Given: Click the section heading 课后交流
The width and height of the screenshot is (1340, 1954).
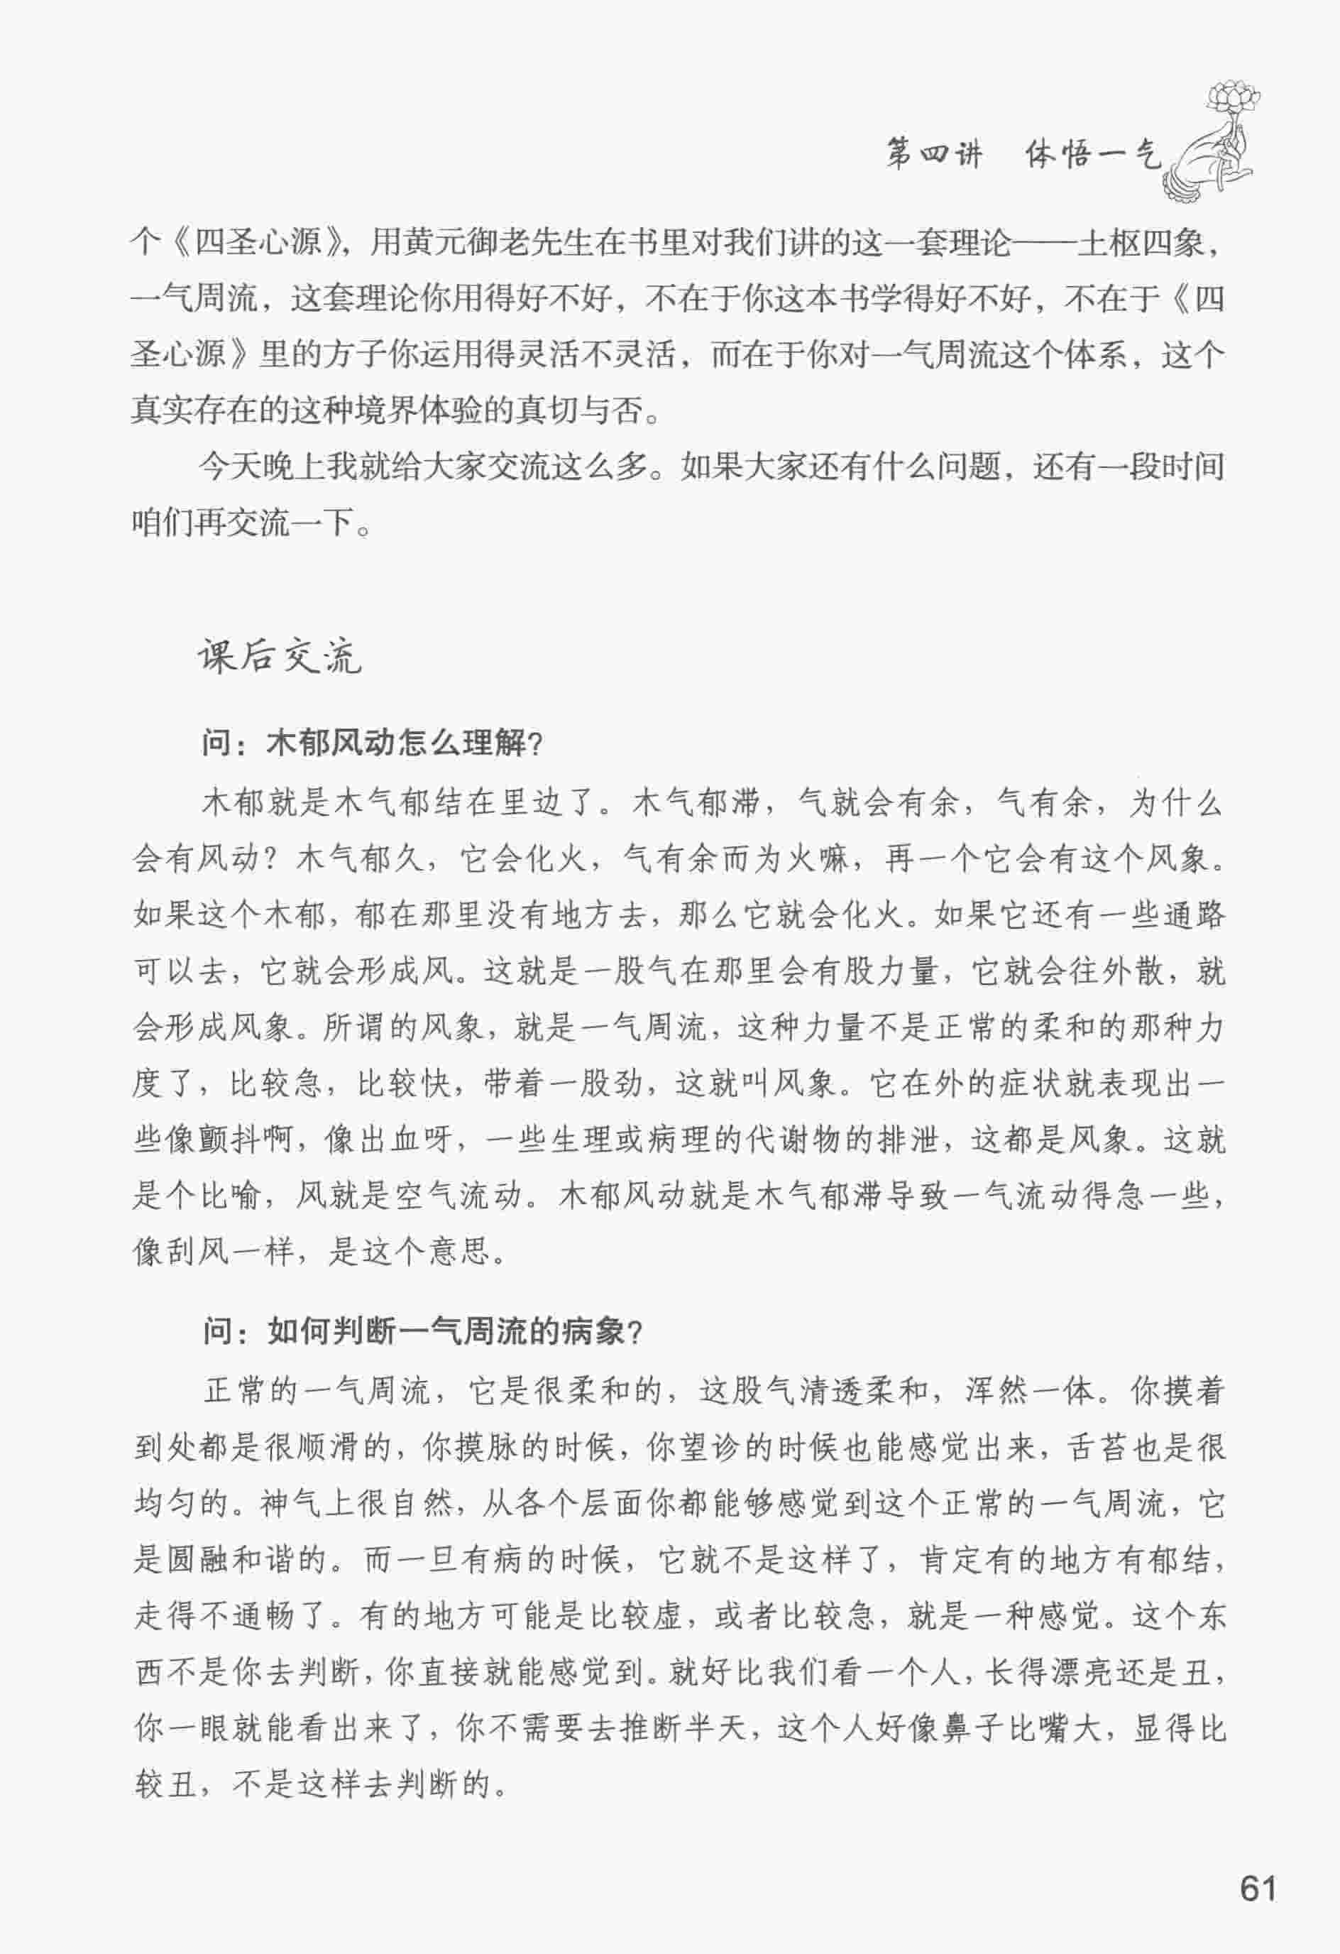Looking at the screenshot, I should coord(280,657).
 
